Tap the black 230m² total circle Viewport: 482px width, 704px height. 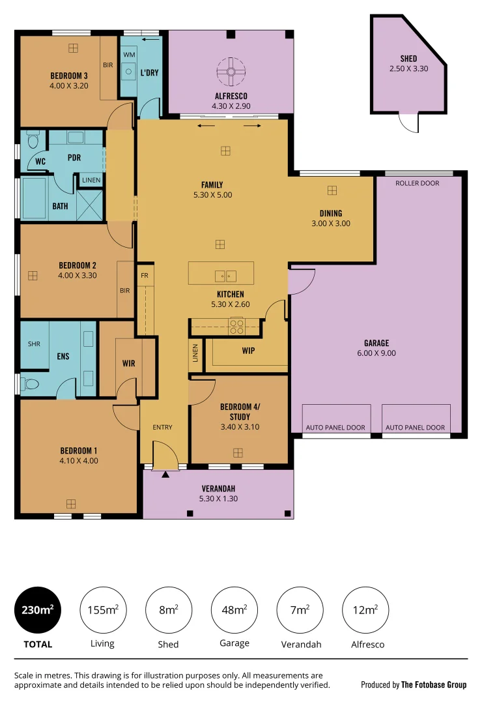click(x=37, y=610)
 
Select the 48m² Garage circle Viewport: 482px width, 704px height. click(x=234, y=610)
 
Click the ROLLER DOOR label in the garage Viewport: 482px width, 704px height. click(x=418, y=183)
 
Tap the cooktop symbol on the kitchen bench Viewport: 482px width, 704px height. click(x=236, y=325)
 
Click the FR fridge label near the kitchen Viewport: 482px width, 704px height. click(x=144, y=275)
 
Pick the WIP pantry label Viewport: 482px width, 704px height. click(x=248, y=351)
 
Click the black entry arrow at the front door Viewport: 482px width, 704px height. click(x=165, y=475)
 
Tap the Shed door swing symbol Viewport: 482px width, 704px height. click(x=408, y=123)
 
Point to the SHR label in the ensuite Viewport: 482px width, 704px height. click(x=33, y=344)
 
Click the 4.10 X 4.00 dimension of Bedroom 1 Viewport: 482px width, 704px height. click(x=79, y=460)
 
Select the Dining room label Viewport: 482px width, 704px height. click(x=330, y=213)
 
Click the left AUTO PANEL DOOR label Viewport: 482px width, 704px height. click(x=335, y=428)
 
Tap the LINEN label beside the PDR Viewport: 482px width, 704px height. click(x=91, y=181)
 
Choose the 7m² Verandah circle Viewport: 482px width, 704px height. click(x=300, y=610)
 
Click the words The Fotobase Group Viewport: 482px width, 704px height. click(x=434, y=684)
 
